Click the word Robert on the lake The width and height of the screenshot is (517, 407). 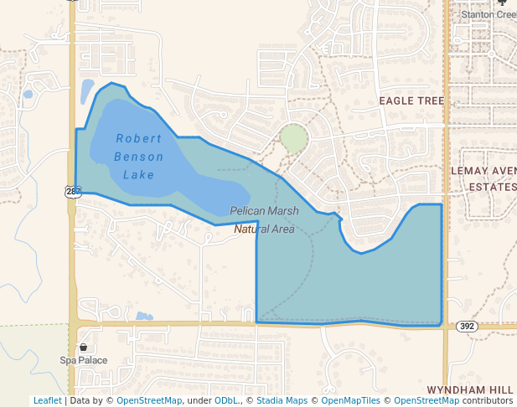138,138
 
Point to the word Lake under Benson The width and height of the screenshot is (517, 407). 138,175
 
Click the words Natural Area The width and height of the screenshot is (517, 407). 264,228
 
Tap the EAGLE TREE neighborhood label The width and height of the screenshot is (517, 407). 411,100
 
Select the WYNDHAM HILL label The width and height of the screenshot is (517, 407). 469,390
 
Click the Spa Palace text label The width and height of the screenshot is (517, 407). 83,360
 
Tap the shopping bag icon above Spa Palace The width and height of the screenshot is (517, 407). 83,347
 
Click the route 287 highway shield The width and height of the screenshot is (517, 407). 73,192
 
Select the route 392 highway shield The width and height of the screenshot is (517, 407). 467,325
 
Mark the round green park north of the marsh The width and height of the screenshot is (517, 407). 293,138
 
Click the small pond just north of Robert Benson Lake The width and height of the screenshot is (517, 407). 87,90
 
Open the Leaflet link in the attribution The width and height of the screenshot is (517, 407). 47,400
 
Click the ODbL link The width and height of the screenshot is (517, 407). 226,400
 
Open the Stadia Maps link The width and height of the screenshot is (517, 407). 282,400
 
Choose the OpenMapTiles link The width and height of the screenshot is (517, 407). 349,400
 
